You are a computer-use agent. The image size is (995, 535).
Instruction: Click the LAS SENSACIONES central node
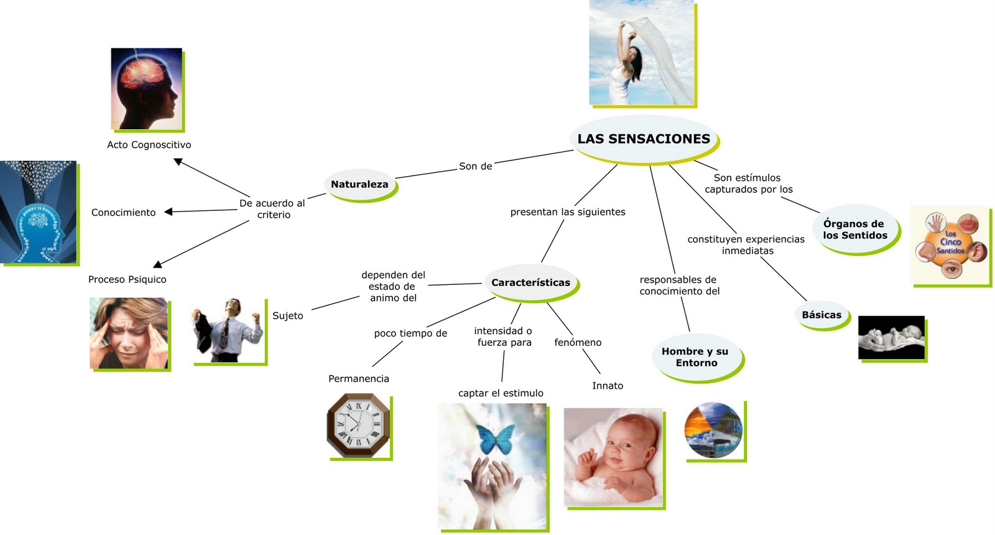coord(644,139)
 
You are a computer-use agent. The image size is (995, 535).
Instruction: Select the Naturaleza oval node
coord(359,185)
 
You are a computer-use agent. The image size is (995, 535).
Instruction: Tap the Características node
coord(530,283)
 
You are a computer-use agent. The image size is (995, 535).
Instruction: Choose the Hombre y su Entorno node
coord(695,357)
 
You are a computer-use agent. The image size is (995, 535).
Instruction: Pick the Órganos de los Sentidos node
coord(854,230)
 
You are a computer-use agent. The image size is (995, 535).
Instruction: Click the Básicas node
coord(821,315)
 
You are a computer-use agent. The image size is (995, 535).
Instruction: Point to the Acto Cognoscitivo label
coord(149,145)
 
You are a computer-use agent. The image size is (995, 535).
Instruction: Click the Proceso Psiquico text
coord(127,280)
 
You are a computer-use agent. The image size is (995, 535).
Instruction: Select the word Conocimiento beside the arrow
coord(123,213)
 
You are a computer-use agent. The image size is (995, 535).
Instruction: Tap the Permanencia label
coord(359,379)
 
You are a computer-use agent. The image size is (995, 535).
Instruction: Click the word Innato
coord(608,386)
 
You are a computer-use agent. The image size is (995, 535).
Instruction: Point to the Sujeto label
coord(288,316)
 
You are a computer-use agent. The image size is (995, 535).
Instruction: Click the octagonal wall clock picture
coord(358,426)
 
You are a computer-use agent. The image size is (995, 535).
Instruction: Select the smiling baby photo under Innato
coord(613,457)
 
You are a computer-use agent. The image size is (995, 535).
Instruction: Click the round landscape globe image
coord(713,430)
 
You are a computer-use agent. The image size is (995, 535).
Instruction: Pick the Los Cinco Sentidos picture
coord(950,245)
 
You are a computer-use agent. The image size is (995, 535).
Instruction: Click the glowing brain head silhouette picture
coord(147,88)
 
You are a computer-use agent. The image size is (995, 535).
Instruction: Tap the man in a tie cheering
coord(228,330)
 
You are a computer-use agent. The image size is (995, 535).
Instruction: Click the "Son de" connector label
coord(476,167)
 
